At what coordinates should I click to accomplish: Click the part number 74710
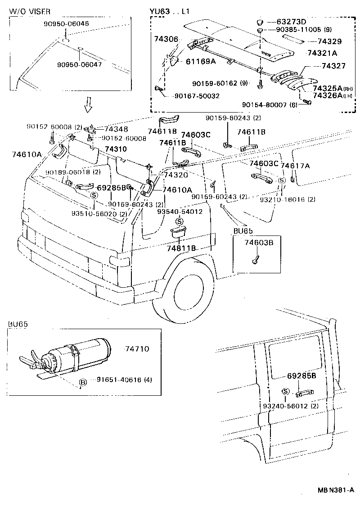click(x=137, y=349)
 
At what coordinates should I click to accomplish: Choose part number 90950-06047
click(x=79, y=64)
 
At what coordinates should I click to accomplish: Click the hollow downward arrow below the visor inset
click(x=89, y=105)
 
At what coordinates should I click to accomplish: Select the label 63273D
click(x=291, y=22)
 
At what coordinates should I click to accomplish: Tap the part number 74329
click(x=329, y=41)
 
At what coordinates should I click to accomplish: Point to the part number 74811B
click(x=181, y=248)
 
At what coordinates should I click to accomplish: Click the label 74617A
click(x=295, y=166)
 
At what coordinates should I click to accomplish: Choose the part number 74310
click(x=116, y=149)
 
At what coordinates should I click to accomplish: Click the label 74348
click(x=117, y=129)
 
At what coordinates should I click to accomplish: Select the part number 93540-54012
click(x=180, y=211)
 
